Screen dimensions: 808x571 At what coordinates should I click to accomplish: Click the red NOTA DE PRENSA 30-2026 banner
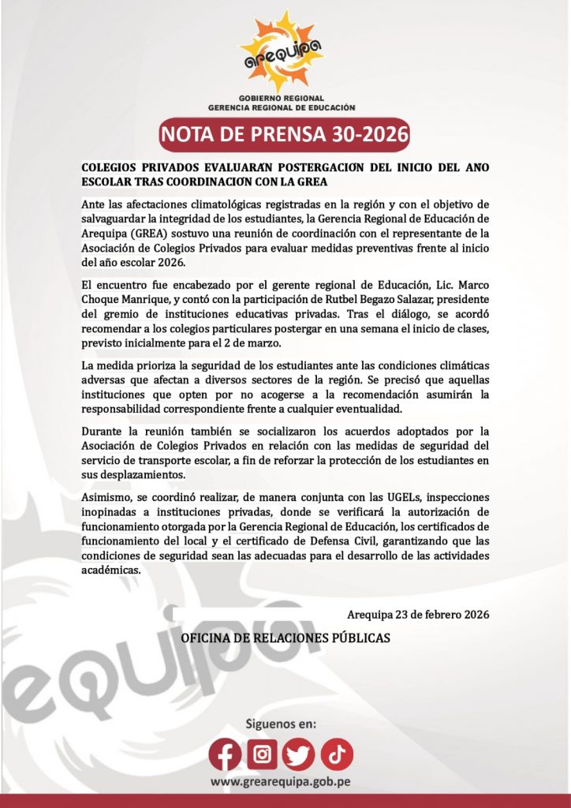click(285, 135)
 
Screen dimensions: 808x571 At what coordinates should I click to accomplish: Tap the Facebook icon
click(225, 755)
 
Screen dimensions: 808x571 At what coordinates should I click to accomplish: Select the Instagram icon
click(263, 755)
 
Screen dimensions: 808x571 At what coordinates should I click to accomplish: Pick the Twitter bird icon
click(300, 755)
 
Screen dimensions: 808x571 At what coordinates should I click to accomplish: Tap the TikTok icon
click(337, 755)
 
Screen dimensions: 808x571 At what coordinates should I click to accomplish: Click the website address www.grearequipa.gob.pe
click(281, 782)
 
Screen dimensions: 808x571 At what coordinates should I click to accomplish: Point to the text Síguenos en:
click(281, 723)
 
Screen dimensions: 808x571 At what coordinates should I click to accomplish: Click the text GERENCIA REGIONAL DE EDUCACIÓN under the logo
click(282, 107)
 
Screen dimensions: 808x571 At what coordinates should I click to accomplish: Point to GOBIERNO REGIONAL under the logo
click(282, 98)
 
